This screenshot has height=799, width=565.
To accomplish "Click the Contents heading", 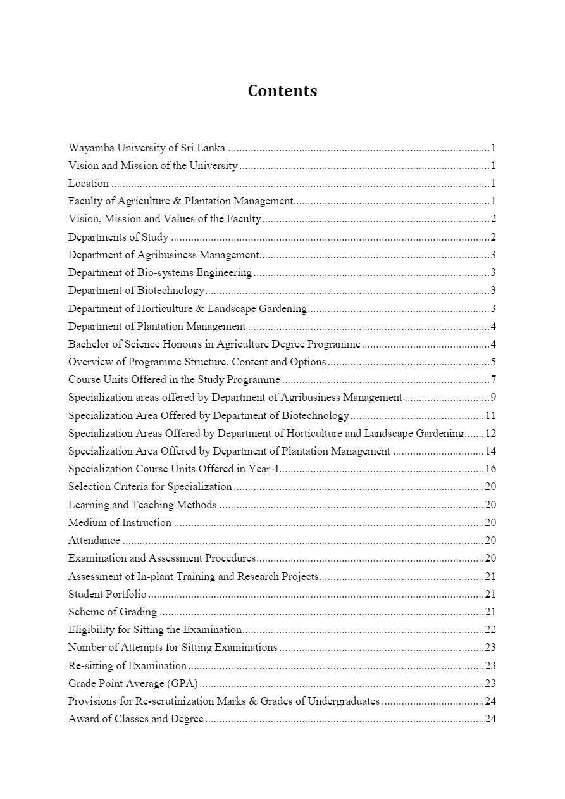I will click(282, 91).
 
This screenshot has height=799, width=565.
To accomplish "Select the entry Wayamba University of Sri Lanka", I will click(146, 148).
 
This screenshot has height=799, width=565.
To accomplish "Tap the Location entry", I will click(89, 184).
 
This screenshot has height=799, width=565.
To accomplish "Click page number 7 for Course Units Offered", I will click(493, 380).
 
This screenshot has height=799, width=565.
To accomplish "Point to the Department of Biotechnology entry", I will click(136, 291).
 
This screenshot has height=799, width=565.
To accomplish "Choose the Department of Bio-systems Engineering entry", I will click(160, 273).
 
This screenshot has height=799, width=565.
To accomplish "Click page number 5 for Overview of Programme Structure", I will click(493, 362).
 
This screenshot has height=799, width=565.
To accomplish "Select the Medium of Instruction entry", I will click(120, 523).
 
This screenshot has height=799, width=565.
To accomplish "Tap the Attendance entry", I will click(94, 541).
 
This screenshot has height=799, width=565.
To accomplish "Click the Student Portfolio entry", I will click(107, 595).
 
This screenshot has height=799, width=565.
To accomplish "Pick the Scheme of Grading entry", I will click(112, 612).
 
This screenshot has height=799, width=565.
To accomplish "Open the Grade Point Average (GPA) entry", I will click(133, 684).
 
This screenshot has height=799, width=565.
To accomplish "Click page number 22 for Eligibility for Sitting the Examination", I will click(490, 630).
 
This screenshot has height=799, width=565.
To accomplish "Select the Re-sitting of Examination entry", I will click(127, 666).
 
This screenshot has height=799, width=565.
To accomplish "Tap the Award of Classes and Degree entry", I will click(136, 719).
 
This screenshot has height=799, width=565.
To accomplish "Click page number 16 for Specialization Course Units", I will click(490, 469).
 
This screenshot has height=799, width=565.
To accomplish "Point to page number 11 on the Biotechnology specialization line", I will click(490, 416).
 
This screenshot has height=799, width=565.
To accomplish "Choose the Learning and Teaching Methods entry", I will click(142, 505).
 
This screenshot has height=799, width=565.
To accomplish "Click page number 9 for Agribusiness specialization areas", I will click(493, 398).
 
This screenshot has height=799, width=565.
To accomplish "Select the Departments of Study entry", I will click(118, 237).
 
